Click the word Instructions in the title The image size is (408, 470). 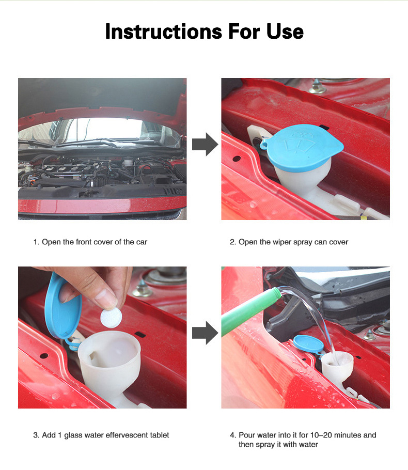click(163, 32)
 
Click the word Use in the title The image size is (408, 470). click(285, 32)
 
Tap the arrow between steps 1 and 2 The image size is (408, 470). click(205, 145)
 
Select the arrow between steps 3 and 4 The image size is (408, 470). click(205, 333)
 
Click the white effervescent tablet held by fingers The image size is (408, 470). click(111, 318)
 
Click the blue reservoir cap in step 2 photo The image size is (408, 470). click(303, 148)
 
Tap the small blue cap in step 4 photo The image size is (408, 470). click(308, 344)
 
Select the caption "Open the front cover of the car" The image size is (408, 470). click(95, 242)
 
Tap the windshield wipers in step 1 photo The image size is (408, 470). click(99, 143)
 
